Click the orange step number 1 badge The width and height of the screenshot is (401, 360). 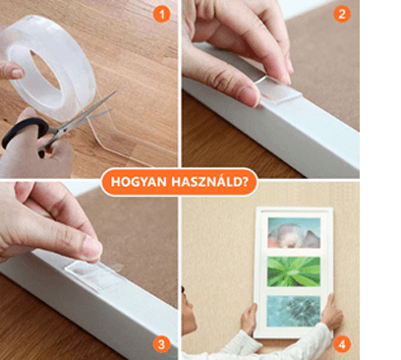coord(161,14)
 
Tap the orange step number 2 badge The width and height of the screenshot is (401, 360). coord(342,14)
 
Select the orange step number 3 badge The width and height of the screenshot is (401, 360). coord(161,344)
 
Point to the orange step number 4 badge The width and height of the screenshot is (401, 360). coord(342,344)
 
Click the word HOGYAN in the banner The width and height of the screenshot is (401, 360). coord(139,182)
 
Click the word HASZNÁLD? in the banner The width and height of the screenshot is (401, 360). coord(210,181)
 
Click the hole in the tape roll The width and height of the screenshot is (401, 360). coord(46,70)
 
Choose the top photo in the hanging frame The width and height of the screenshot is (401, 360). coord(294,232)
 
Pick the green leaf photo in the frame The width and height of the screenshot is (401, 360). coord(294,271)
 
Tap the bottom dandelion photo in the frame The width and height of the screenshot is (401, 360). coord(294,311)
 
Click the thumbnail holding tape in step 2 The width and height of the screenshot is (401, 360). coord(250,96)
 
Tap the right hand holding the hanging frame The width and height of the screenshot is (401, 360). coord(331,313)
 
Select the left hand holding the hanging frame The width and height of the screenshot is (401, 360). coord(249,319)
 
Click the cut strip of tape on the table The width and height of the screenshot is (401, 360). coord(131,135)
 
